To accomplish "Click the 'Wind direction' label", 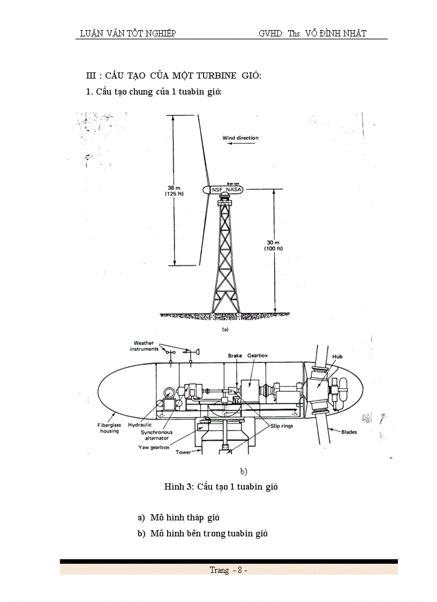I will [x=240, y=138].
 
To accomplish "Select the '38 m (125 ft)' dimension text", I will [x=175, y=191].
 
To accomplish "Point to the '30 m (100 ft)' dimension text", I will [x=273, y=246].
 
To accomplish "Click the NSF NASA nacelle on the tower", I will [x=227, y=190].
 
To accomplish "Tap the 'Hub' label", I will [x=337, y=356].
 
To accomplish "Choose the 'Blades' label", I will [x=350, y=431].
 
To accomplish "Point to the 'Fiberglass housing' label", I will [x=109, y=428].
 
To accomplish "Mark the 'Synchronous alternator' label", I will [x=155, y=435].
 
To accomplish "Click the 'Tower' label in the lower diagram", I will [x=183, y=452].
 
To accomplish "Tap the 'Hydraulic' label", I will [x=140, y=425].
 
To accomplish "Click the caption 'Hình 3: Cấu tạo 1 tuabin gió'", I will [x=220, y=487].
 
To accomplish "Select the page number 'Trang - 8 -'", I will [x=228, y=570].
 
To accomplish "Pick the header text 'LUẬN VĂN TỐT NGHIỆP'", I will [x=127, y=33].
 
